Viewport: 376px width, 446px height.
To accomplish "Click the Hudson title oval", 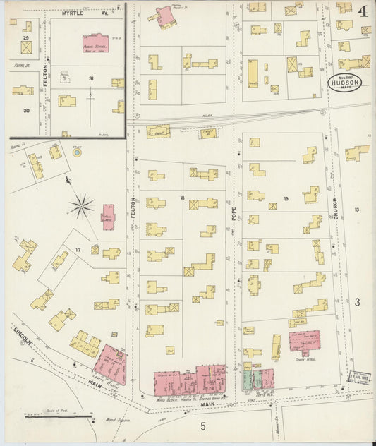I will [345, 81].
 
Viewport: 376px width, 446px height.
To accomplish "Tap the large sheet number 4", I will [361, 12].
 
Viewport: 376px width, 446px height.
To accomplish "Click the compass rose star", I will [82, 206].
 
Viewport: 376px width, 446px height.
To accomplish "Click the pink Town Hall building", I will [305, 342].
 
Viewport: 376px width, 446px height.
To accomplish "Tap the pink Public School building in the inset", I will [100, 43].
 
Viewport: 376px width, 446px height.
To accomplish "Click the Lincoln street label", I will [23, 337].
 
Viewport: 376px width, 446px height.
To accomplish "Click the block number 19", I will [286, 199].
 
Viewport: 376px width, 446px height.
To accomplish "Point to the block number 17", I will [78, 249].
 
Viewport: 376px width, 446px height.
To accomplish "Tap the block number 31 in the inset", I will [90, 78].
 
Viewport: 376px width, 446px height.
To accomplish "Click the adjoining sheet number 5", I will [202, 426].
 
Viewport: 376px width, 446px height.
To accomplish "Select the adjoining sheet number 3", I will [358, 301].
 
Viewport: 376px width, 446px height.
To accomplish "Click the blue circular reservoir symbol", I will [77, 152].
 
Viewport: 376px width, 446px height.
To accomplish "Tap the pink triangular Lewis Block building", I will [111, 363].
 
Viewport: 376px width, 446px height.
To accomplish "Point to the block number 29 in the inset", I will [26, 37].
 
